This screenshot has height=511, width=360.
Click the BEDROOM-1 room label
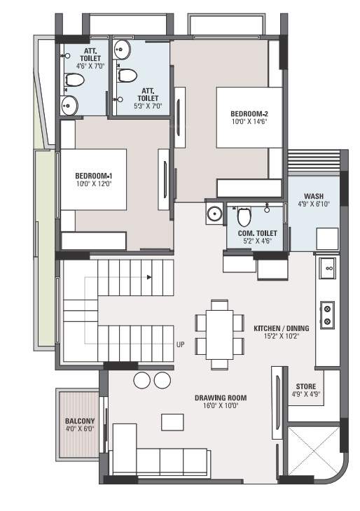click(x=94, y=175)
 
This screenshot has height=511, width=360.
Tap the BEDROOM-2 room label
click(x=249, y=113)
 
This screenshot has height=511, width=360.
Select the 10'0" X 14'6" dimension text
click(x=249, y=121)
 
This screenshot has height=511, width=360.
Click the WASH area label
click(x=313, y=196)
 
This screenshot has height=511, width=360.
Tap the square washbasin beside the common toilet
click(x=214, y=214)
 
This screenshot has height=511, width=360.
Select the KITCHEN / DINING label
click(x=279, y=327)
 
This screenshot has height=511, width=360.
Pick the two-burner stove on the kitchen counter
click(x=326, y=314)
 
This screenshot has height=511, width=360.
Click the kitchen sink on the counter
click(x=326, y=267)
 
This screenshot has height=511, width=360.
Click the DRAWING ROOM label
click(x=221, y=398)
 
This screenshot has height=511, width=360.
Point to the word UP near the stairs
click(x=180, y=344)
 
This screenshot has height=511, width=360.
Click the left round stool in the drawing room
click(x=142, y=380)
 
